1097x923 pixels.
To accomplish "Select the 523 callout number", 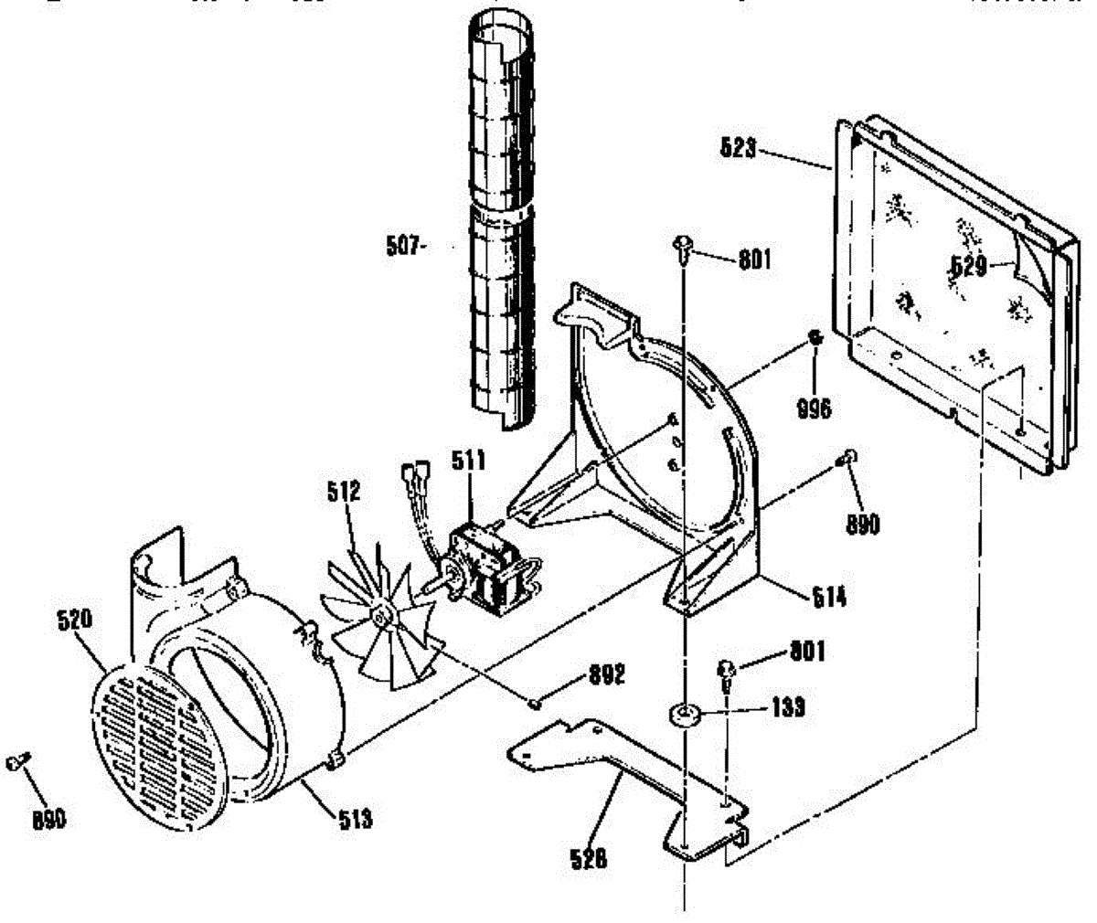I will (737, 147).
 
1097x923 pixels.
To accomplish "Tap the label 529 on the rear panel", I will (968, 266).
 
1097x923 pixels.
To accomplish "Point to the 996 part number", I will (813, 408).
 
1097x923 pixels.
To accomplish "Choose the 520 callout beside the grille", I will (73, 620).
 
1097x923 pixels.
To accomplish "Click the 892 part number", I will (606, 676).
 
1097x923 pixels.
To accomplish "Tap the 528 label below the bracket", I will (588, 858).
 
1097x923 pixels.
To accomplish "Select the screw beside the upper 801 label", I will (683, 244).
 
